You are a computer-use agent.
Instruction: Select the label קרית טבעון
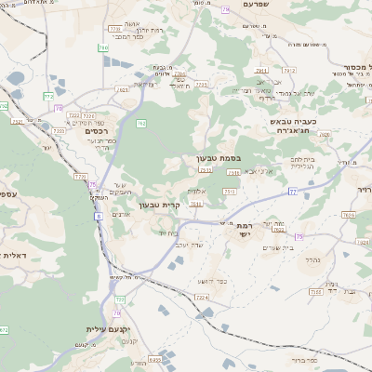[144, 205]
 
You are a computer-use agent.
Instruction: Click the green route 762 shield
[141, 123]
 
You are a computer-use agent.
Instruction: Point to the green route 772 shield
[48, 96]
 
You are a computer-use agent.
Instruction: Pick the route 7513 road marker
[228, 191]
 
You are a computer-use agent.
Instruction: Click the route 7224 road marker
[202, 298]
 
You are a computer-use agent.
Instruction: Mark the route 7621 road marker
[349, 215]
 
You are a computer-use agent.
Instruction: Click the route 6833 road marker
[155, 358]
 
